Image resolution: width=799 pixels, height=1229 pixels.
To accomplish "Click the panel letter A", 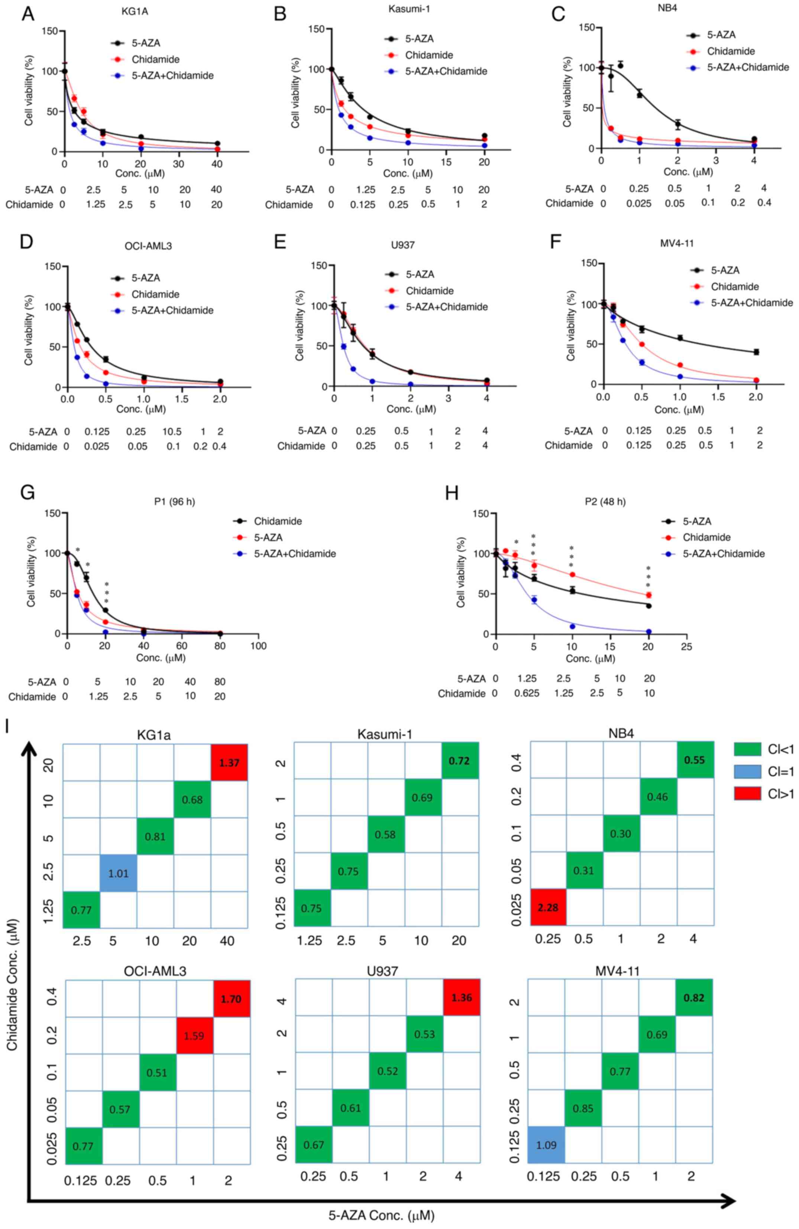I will point(28,13).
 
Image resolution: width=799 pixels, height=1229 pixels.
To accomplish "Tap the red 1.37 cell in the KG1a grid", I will point(229,762).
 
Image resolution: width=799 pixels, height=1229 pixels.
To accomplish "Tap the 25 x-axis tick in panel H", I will point(686,646).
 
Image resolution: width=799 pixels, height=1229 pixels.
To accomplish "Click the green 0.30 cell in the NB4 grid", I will point(621,834).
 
